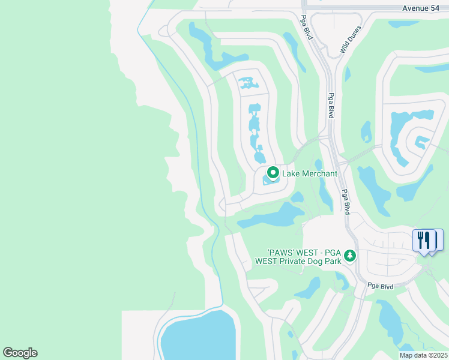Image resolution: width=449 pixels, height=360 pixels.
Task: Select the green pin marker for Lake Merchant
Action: click(x=273, y=173)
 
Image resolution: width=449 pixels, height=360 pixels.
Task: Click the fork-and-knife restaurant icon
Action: click(x=424, y=240)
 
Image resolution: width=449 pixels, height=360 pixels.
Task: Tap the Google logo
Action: click(x=20, y=353)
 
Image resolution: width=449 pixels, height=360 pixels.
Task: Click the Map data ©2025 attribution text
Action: click(x=423, y=355)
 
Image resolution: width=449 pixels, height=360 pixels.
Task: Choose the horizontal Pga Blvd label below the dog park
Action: click(x=380, y=286)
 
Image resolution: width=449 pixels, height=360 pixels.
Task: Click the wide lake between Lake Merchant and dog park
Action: click(x=273, y=216)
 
